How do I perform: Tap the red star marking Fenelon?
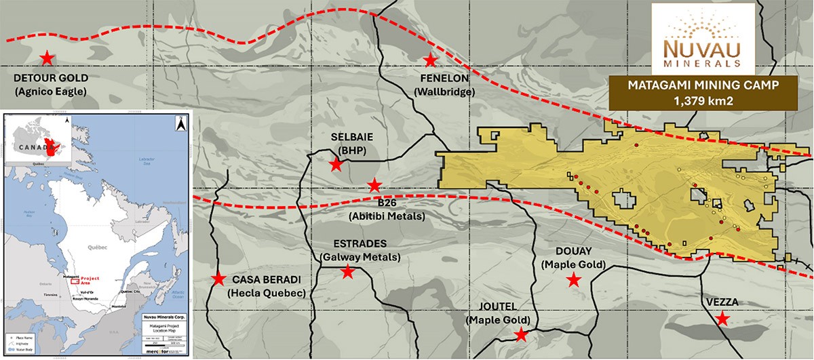(x=430, y=60)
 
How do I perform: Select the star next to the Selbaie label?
(x=336, y=165)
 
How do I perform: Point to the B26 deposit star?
(x=374, y=185)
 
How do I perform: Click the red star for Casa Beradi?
(x=218, y=279)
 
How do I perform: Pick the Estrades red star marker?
(x=347, y=272)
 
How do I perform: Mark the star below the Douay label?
(x=574, y=279)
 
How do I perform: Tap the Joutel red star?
(x=520, y=334)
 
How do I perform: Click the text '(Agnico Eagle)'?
(x=50, y=90)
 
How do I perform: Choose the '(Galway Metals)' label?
(x=360, y=258)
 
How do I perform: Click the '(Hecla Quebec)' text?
(x=267, y=293)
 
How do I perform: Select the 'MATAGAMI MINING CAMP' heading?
(x=702, y=85)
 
